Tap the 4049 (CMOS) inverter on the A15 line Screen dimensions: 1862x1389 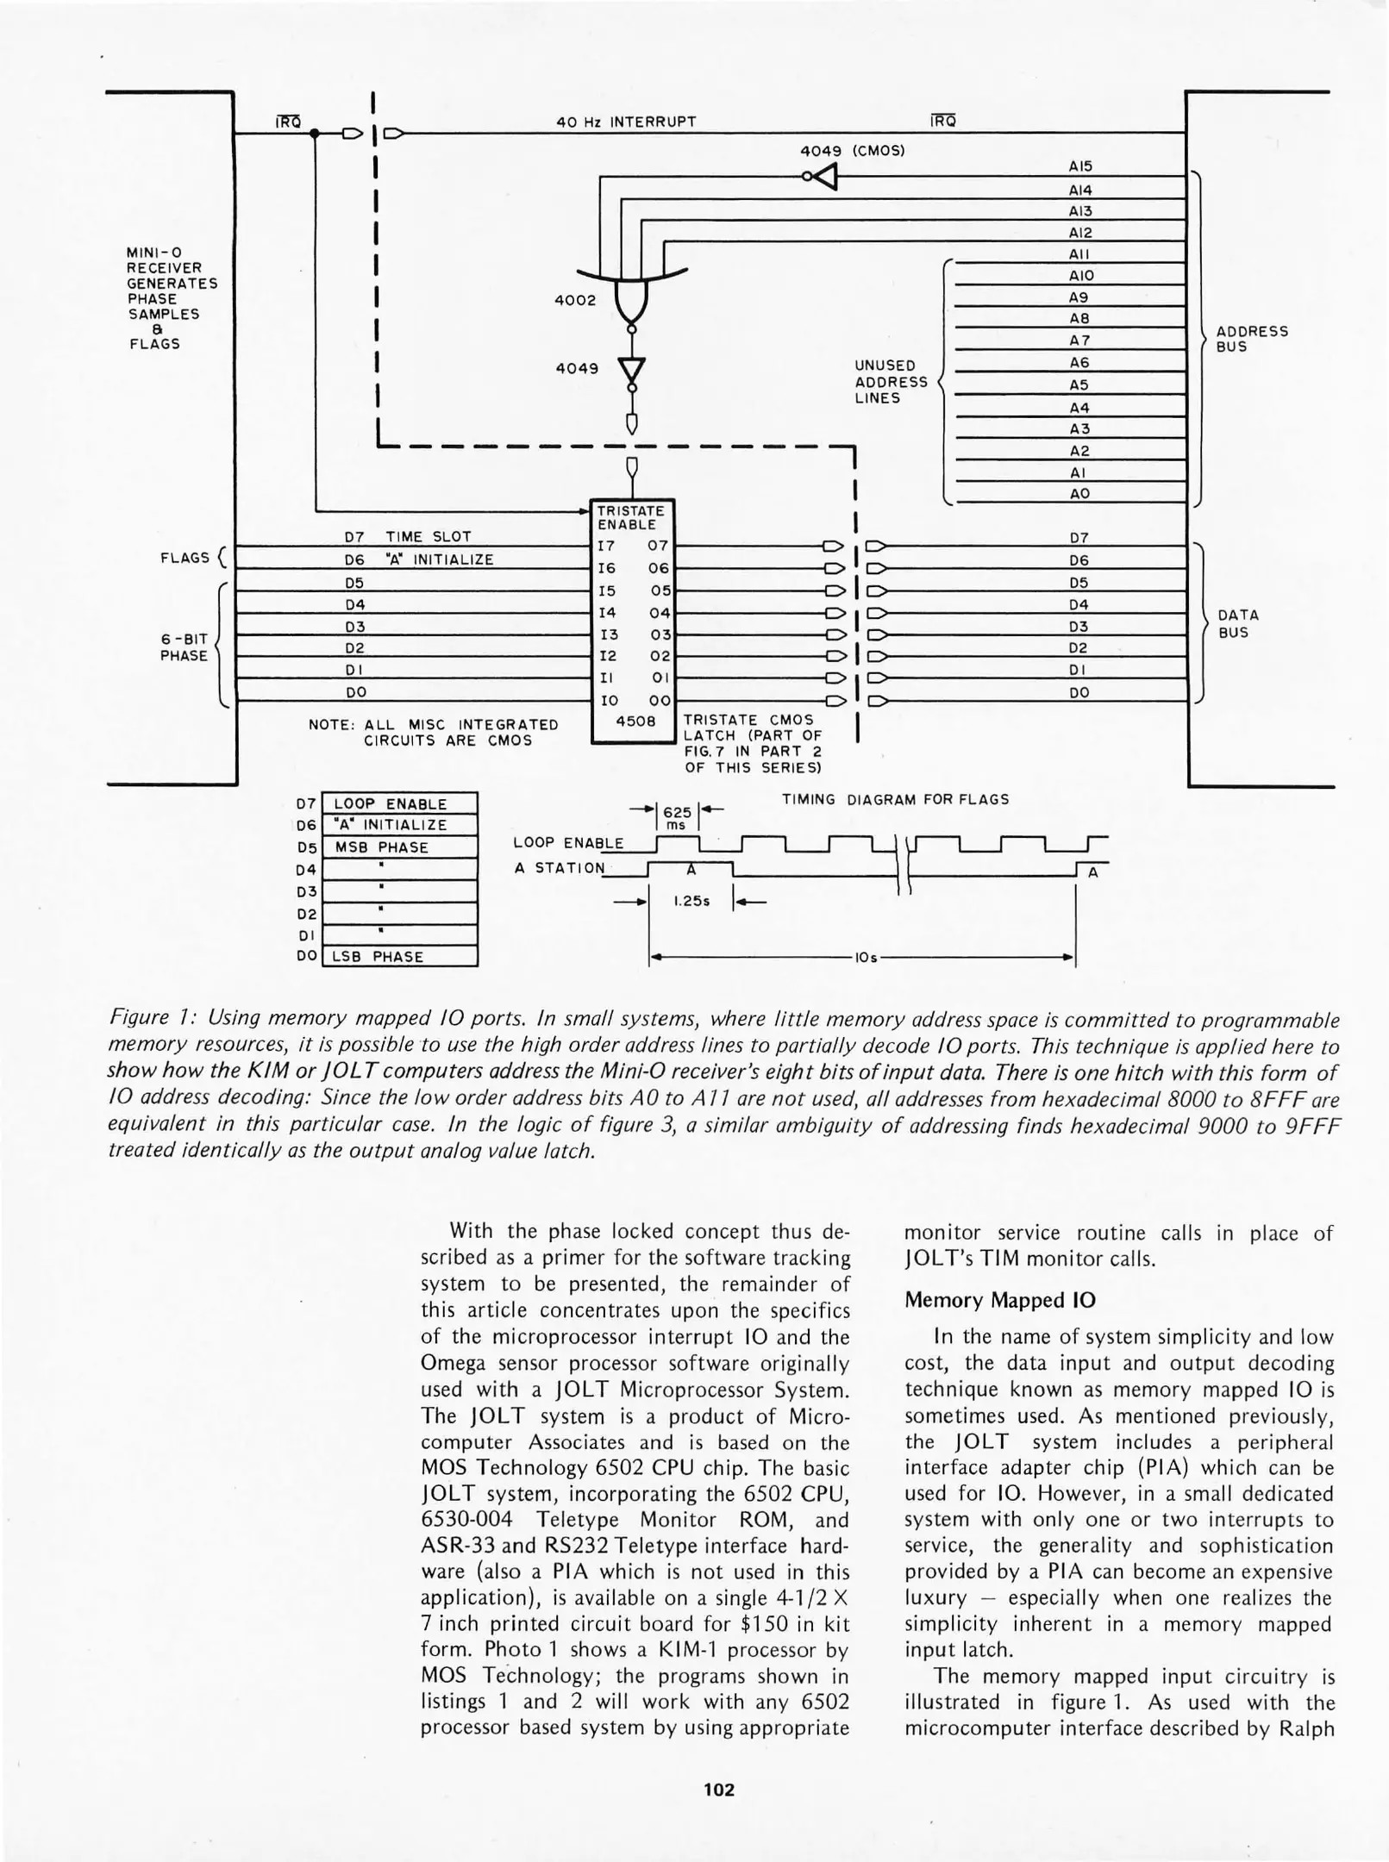pos(825,177)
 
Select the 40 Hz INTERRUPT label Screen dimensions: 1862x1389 pos(626,122)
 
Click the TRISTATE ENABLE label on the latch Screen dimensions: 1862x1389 pos(631,517)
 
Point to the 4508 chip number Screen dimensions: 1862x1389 pos(635,721)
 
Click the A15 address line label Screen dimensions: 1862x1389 pos(1080,166)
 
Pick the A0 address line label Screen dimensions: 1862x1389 pos(1080,493)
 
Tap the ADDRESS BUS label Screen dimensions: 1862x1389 pos(1251,339)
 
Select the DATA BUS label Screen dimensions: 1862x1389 pos(1237,623)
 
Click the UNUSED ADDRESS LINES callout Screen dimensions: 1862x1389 pos(891,382)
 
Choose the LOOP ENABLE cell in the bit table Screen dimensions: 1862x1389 pos(391,803)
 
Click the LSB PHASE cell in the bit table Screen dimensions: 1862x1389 pos(379,956)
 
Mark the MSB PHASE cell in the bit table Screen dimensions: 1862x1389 pos(381,847)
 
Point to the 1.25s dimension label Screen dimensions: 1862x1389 pos(691,901)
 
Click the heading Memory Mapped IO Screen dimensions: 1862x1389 pos(999,1299)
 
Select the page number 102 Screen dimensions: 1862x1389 pos(719,1790)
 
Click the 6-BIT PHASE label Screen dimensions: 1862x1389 pos(185,647)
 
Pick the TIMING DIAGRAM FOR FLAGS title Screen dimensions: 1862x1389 pos(895,799)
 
